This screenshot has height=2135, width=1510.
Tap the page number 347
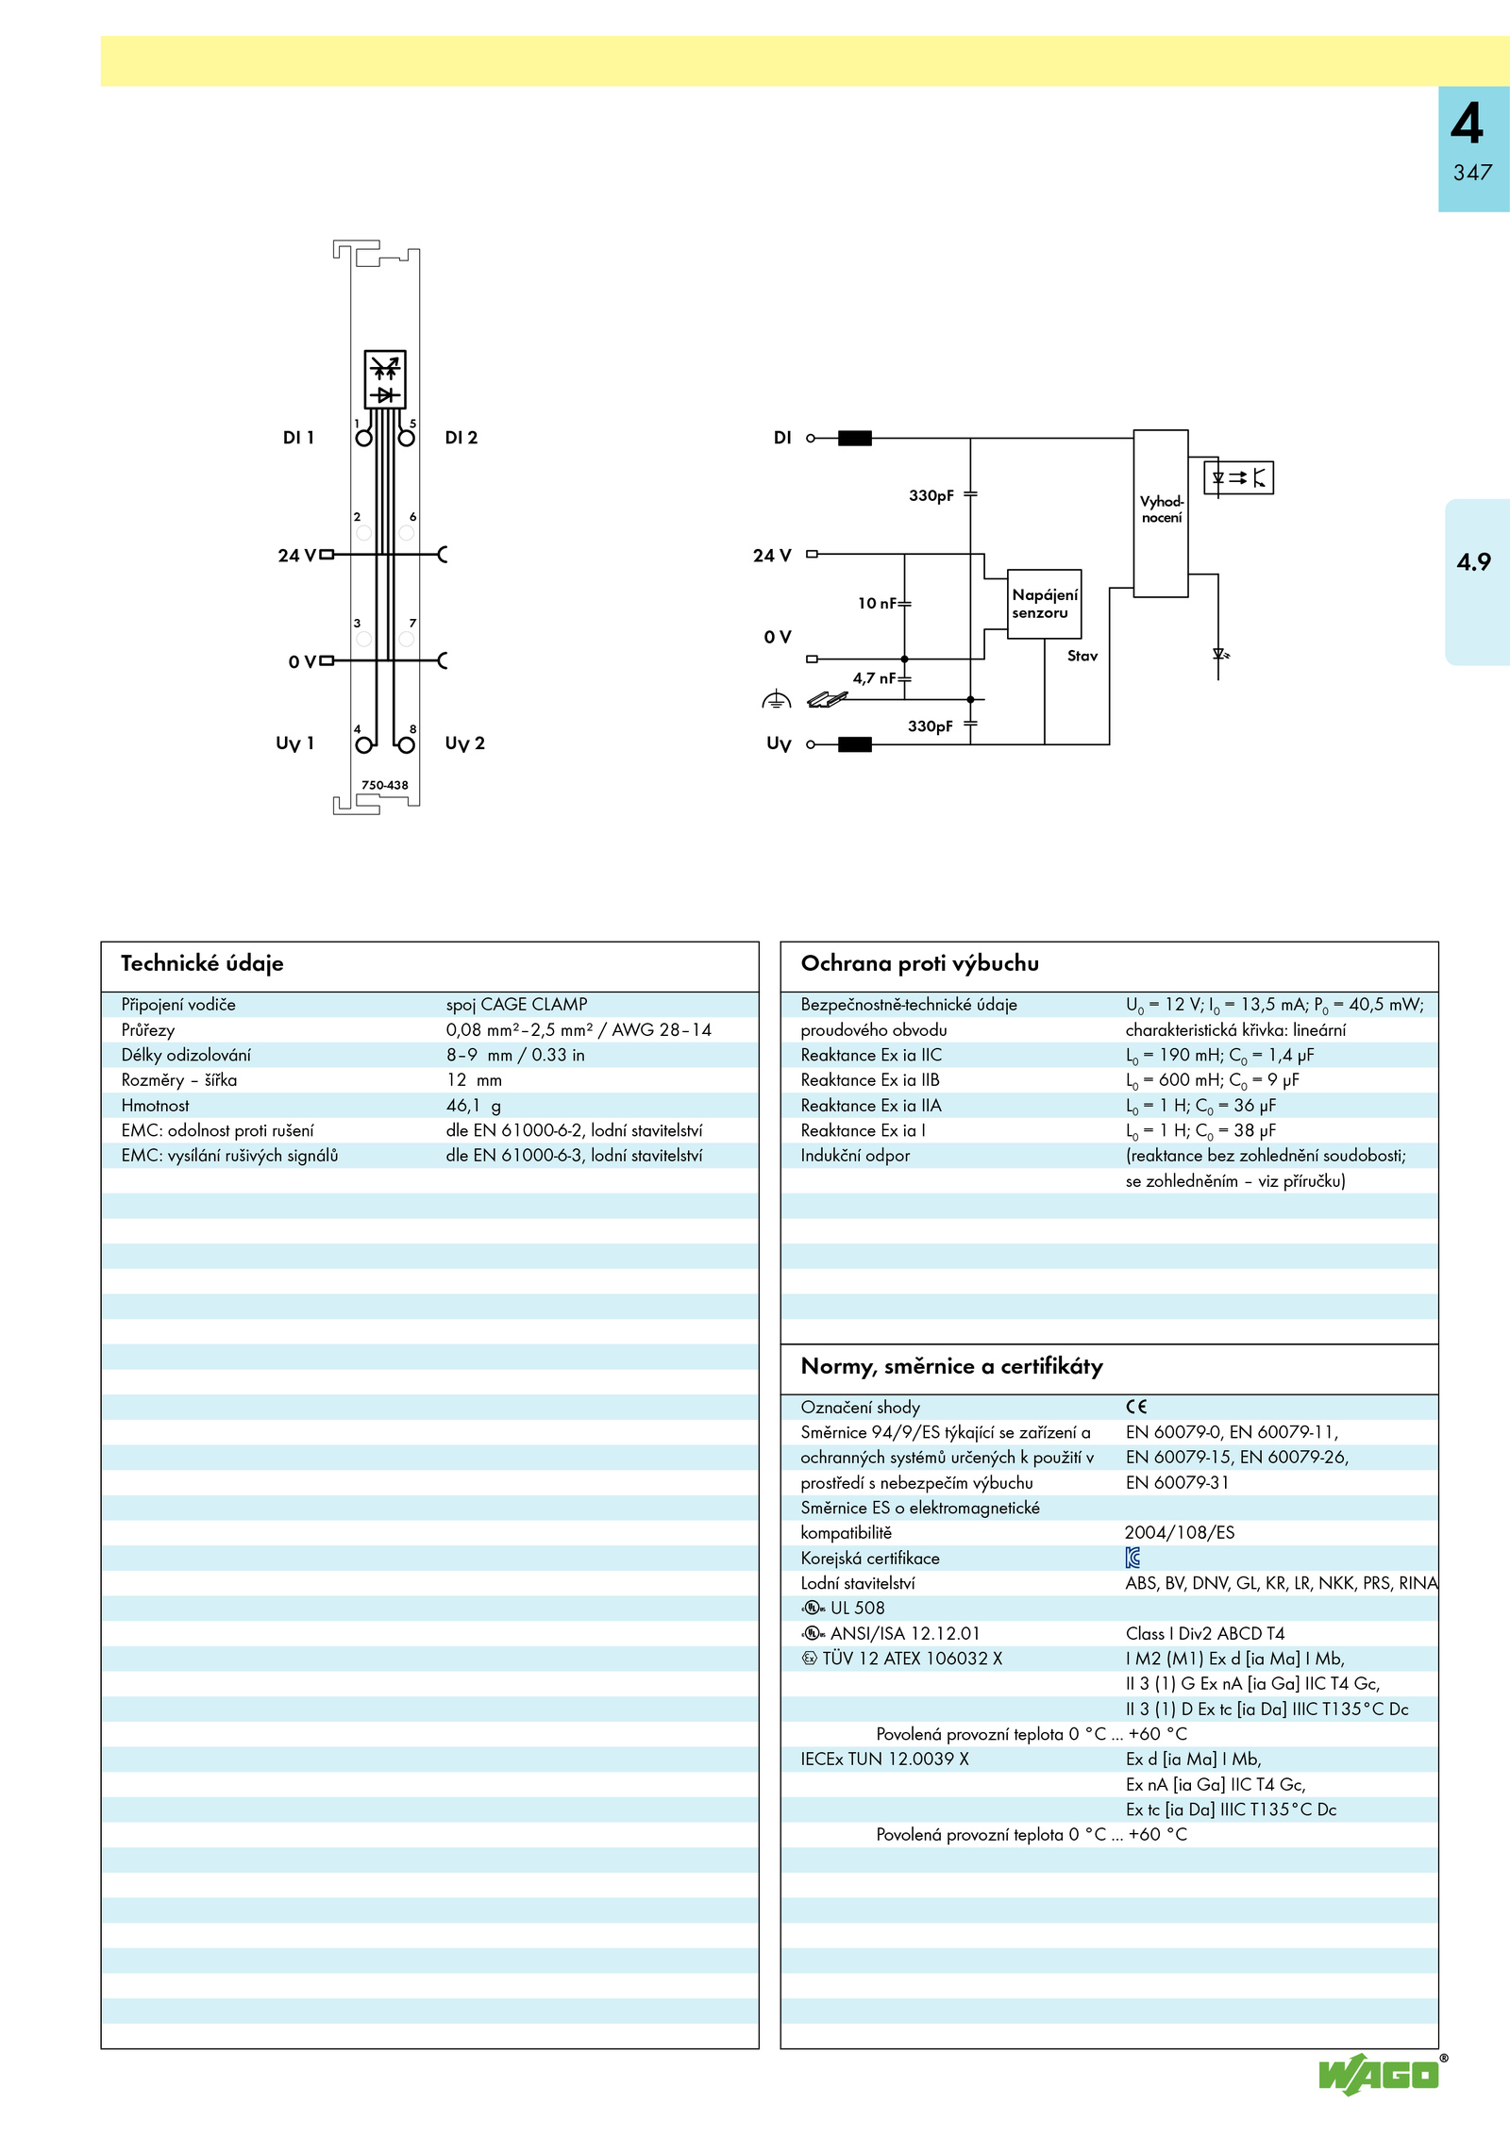click(x=1472, y=173)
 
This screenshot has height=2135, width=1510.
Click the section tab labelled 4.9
click(x=1473, y=562)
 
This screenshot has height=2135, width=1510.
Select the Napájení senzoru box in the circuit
click(x=1044, y=604)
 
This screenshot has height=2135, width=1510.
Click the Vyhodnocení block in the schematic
click(x=1161, y=513)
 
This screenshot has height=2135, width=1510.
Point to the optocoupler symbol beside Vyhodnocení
click(x=1239, y=477)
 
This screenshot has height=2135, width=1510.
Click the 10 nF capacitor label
click(x=877, y=604)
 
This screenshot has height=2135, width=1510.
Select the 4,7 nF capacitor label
click(x=874, y=678)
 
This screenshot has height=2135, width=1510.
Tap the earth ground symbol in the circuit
click(x=776, y=700)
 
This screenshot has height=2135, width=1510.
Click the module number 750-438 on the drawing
click(x=385, y=785)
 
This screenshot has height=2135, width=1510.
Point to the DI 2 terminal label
click(x=461, y=438)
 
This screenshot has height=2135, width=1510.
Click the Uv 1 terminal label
click(x=294, y=743)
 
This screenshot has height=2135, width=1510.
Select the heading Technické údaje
click(x=202, y=963)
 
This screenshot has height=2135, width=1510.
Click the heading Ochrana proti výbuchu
click(x=920, y=963)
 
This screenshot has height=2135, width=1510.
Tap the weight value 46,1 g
click(x=474, y=1106)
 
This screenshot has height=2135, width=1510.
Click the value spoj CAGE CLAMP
click(x=517, y=1005)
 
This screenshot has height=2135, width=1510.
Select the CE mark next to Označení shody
click(x=1136, y=1407)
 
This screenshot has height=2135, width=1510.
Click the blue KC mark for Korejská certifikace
click(x=1133, y=1558)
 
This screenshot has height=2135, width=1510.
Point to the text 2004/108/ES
click(x=1180, y=1533)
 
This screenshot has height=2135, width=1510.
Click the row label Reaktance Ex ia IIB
click(x=870, y=1080)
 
